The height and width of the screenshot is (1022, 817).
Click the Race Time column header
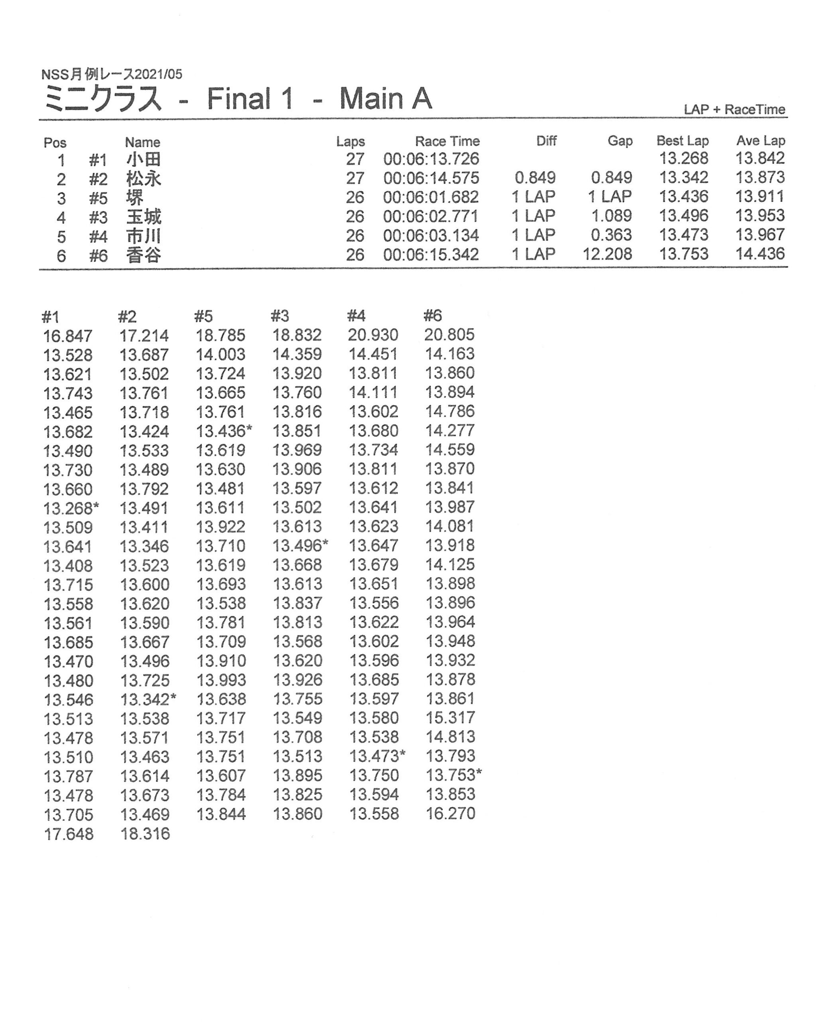(447, 141)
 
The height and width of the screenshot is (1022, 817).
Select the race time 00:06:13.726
(431, 159)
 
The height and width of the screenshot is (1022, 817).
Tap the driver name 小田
(144, 159)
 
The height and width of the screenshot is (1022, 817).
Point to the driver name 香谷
(144, 255)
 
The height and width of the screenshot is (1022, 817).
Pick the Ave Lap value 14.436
(760, 254)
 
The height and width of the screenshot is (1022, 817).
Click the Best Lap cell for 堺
(683, 196)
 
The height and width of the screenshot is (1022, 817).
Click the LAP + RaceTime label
(734, 109)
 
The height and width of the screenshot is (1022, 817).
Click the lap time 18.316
(145, 834)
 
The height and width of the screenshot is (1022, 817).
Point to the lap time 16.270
(450, 814)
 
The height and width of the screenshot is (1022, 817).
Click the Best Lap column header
(682, 141)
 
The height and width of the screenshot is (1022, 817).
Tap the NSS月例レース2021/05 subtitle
(112, 74)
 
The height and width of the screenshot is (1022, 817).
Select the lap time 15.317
(450, 718)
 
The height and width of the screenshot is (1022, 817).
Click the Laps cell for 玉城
(355, 217)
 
